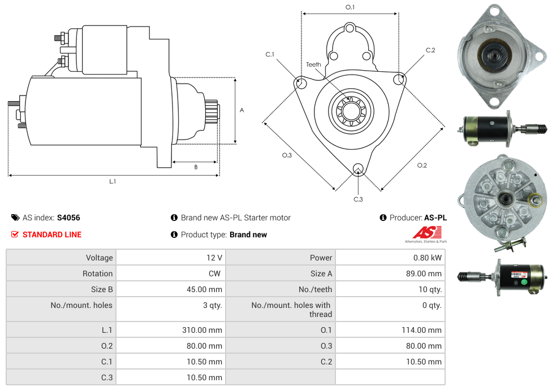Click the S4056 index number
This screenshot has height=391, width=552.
(68, 218)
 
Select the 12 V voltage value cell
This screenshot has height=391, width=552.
(214, 258)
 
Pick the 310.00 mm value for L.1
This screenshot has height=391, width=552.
(202, 330)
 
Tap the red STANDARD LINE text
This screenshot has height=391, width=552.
(52, 234)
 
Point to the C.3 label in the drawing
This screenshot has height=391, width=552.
(358, 199)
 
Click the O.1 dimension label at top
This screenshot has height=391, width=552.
(350, 7)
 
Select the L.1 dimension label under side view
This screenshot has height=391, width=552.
(113, 181)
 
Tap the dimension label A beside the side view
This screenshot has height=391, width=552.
(241, 110)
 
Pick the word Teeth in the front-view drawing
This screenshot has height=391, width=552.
(313, 64)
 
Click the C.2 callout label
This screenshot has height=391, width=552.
(430, 50)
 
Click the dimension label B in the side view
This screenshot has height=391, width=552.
(196, 167)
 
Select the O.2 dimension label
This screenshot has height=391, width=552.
(422, 165)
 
